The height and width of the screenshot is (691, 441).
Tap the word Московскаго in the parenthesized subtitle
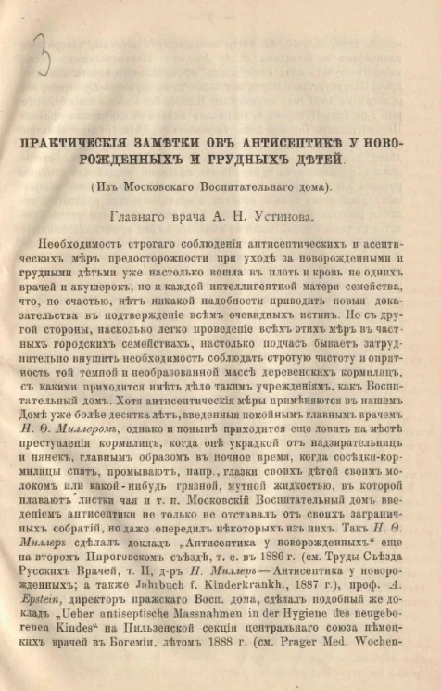coord(185,187)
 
